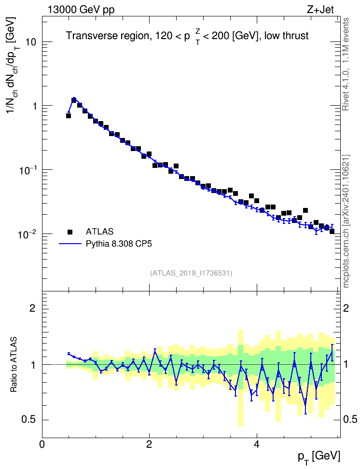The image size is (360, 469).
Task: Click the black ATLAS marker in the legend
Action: tap(70, 232)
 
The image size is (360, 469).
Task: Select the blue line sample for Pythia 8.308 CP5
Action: tap(70, 244)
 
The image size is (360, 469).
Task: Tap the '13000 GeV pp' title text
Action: tap(81, 10)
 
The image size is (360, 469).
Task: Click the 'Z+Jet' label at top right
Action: tap(320, 10)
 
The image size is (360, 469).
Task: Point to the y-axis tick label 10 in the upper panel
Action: tap(30, 42)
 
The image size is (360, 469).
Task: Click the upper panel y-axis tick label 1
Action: tap(33, 106)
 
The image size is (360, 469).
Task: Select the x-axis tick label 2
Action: tap(149, 444)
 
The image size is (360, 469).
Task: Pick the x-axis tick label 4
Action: tap(256, 444)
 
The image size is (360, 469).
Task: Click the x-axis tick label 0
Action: tap(42, 444)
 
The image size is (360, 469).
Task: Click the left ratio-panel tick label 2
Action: tap(33, 308)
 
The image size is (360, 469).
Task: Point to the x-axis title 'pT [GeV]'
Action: tap(319, 457)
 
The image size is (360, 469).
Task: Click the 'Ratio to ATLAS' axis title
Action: tap(14, 364)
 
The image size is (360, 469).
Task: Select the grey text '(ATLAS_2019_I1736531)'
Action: tap(191, 273)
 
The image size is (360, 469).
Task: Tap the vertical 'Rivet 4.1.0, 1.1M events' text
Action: tap(346, 64)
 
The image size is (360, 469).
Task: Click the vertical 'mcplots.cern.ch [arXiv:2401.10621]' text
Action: tap(346, 221)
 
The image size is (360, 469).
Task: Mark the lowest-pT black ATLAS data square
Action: tap(69, 116)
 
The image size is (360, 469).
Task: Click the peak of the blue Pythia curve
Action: tap(74, 98)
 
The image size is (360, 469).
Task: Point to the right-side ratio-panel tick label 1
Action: tap(346, 365)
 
